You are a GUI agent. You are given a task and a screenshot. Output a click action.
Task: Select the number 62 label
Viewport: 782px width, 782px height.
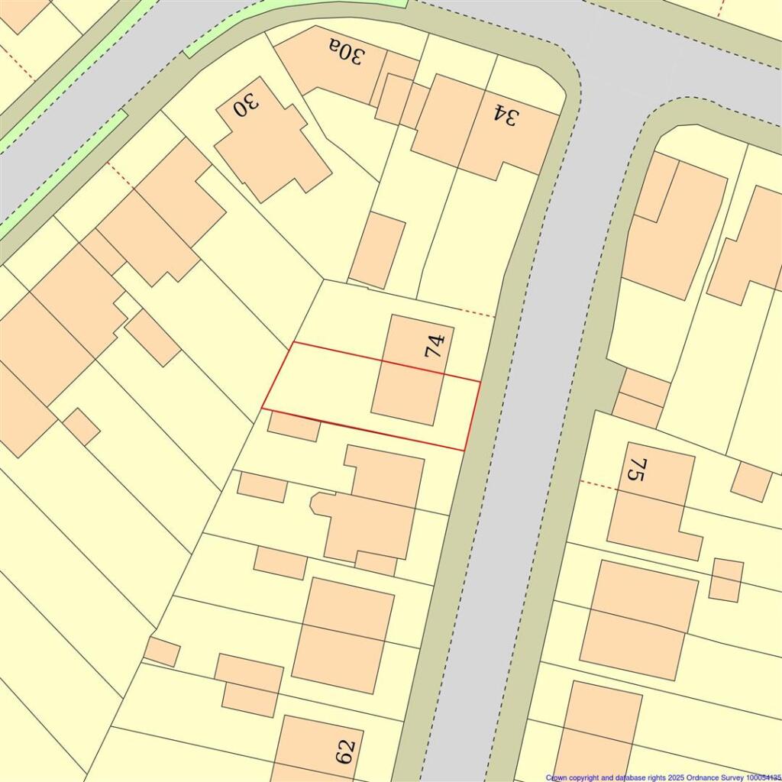(345, 751)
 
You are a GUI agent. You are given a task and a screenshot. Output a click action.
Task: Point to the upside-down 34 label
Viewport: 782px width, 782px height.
(505, 115)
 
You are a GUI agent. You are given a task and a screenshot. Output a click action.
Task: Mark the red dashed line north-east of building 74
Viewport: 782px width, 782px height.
(478, 313)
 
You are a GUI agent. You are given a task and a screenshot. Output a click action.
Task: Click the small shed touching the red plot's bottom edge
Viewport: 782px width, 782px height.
(294, 426)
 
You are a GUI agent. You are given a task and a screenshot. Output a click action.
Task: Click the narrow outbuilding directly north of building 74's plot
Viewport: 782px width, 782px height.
(377, 250)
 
